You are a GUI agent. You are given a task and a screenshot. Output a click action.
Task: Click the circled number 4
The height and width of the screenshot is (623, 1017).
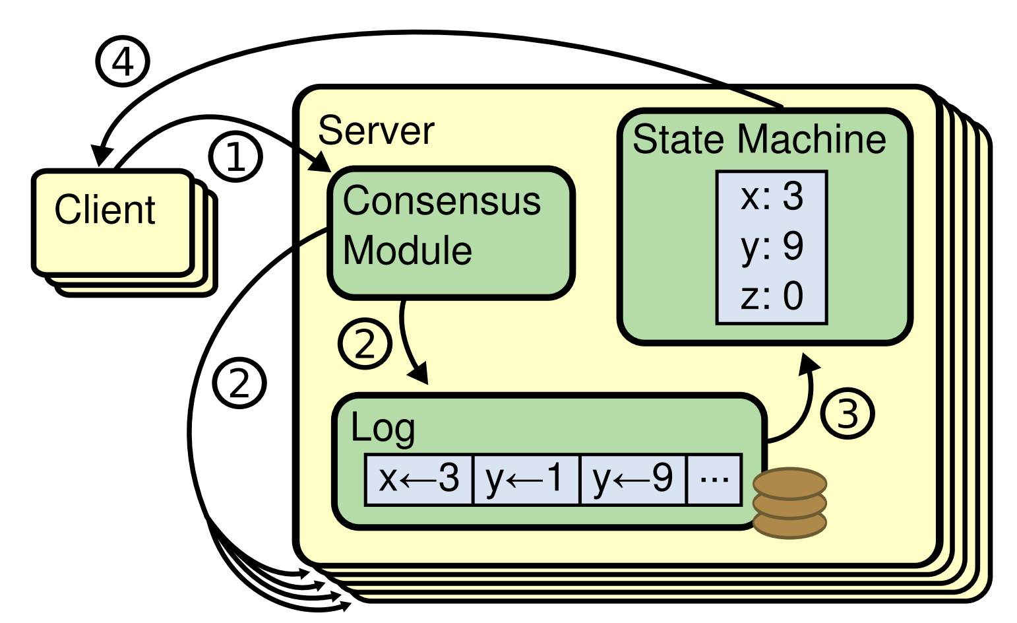123,61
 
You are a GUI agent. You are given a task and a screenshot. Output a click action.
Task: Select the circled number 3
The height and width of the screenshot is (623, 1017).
847,414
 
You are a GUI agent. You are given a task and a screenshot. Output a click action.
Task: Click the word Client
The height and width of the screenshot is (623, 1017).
105,209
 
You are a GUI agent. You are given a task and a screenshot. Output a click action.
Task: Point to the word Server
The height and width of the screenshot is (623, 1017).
377,131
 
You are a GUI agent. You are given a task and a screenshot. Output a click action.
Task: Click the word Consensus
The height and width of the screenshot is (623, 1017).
442,201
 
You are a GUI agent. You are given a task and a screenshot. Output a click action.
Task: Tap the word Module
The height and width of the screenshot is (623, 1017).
407,250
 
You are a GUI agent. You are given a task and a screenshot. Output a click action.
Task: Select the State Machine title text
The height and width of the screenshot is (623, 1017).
759,139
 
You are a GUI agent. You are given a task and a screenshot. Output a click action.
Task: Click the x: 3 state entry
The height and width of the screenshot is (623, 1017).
772,196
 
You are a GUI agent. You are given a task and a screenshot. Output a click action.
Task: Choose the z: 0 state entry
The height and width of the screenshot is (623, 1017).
772,296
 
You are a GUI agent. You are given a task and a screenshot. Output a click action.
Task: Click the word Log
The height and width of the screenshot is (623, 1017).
383,428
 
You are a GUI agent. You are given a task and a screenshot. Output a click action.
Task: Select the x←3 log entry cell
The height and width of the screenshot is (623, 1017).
419,479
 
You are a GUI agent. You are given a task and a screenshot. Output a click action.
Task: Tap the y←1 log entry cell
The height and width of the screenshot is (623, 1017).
526,479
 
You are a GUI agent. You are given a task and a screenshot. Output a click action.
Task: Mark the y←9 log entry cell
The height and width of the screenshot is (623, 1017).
633,479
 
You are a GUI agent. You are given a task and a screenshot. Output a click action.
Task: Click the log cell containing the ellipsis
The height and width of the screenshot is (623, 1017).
715,479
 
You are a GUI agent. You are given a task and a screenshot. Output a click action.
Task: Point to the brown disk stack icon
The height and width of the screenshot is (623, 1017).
789,503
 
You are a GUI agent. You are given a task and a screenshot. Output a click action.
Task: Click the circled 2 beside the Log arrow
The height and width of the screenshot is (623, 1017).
365,343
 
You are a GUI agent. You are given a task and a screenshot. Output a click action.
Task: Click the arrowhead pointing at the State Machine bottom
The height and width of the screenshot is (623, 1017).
809,364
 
